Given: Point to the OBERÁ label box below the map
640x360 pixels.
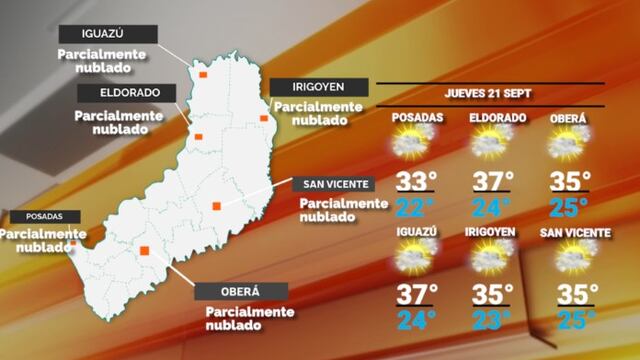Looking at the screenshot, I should (241, 291).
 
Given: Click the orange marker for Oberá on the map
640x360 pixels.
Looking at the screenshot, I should (145, 251).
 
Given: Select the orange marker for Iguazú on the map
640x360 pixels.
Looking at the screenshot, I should (202, 74).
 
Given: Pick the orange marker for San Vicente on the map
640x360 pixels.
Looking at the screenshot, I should (215, 207).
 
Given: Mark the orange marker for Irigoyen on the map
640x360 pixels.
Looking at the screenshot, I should (264, 118).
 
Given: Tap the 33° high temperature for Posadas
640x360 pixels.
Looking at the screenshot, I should (416, 182).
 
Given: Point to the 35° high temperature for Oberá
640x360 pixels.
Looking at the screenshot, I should (570, 182).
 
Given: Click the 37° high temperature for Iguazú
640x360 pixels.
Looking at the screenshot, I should (416, 296).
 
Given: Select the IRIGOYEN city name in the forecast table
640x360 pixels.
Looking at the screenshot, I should (490, 232).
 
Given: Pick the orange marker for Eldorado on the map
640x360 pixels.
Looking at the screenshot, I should (199, 137).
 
